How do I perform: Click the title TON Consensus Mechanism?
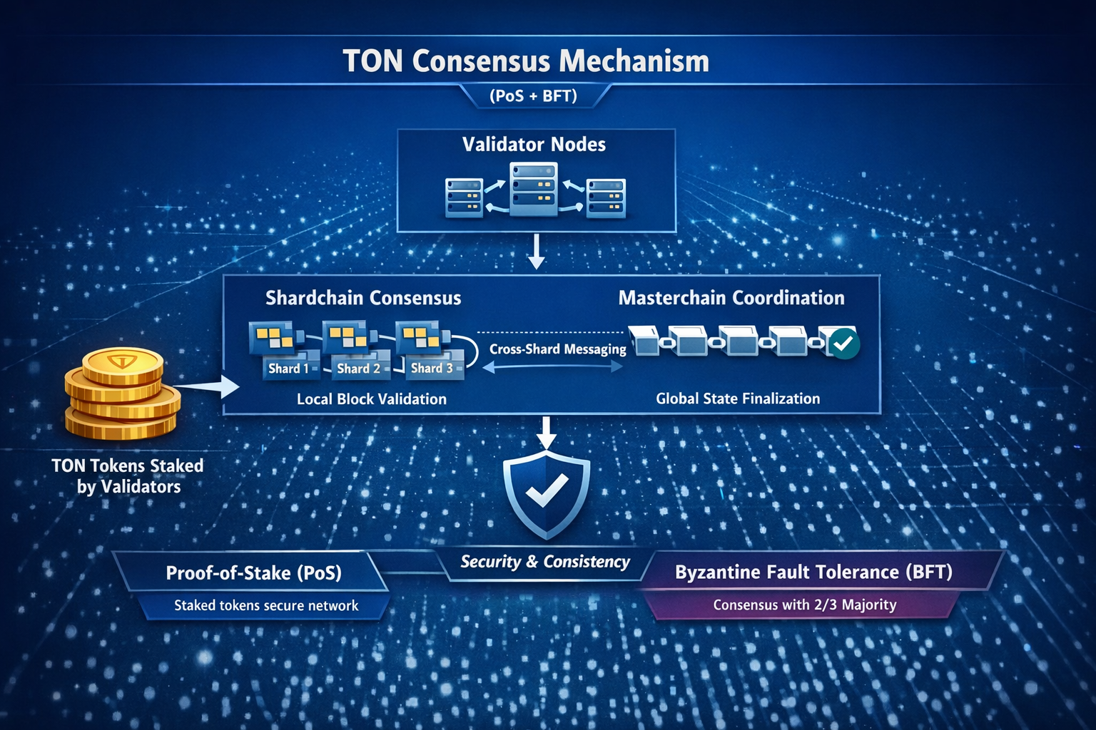[527, 61]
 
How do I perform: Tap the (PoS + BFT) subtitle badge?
[534, 96]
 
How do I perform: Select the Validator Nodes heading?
[534, 145]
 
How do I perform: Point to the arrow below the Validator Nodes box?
[536, 253]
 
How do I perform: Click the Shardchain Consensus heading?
[363, 298]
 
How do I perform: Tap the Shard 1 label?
[288, 369]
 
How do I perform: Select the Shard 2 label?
[358, 369]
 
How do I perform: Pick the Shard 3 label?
[432, 368]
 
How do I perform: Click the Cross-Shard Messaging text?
[557, 349]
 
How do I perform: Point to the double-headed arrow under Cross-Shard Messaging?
[553, 366]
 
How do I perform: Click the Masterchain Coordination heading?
[731, 298]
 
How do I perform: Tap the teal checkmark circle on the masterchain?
[844, 344]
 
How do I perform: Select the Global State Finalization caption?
[738, 399]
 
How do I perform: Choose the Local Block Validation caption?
[371, 399]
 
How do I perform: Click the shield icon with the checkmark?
[547, 493]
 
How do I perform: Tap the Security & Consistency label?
[545, 562]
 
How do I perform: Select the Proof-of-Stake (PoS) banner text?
[253, 573]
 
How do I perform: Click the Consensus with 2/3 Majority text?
[804, 605]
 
